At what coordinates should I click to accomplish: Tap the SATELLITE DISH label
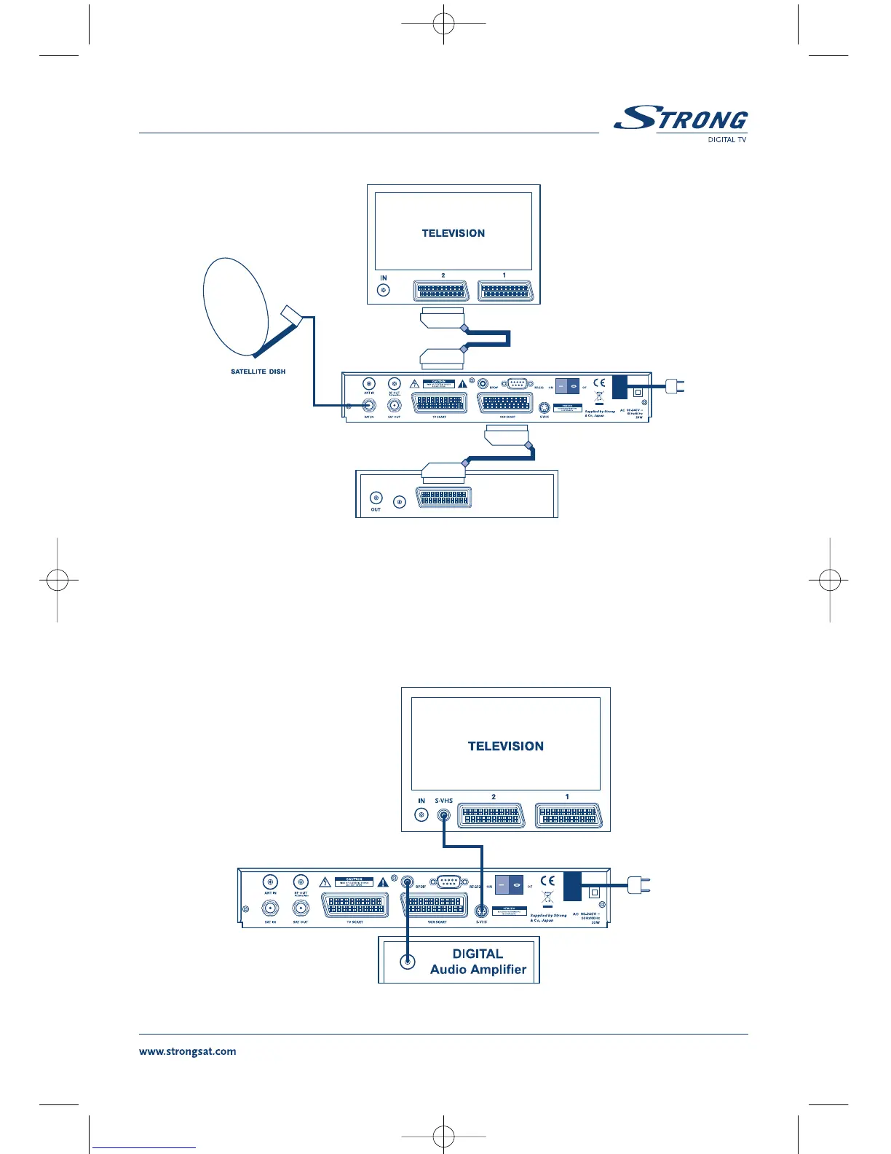[x=258, y=372]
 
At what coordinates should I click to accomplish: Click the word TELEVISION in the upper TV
[x=453, y=233]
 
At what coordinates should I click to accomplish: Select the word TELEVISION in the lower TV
[x=505, y=746]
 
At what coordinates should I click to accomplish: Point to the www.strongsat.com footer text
[x=187, y=1051]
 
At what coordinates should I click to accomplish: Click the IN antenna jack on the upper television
[x=383, y=291]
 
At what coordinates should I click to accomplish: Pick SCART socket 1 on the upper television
[x=505, y=291]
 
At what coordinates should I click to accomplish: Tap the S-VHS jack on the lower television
[x=443, y=815]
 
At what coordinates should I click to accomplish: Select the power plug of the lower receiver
[x=639, y=886]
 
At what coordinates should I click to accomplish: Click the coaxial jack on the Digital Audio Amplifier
[x=408, y=962]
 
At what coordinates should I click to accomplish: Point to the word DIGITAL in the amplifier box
[x=478, y=954]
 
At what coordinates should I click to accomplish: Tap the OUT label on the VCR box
[x=376, y=509]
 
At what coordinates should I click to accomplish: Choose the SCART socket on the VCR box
[x=443, y=498]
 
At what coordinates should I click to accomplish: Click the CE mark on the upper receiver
[x=598, y=382]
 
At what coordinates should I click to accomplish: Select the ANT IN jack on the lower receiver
[x=270, y=882]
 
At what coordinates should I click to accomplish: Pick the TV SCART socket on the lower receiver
[x=355, y=906]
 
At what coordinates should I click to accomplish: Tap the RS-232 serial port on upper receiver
[x=516, y=384]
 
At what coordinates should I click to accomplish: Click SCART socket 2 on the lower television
[x=491, y=816]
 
